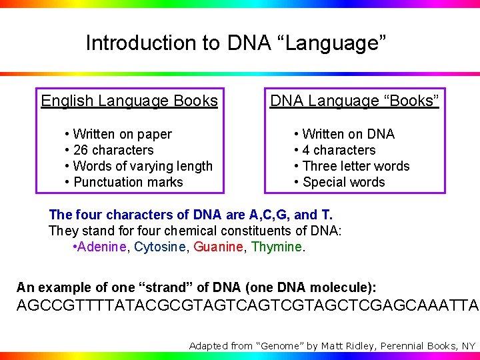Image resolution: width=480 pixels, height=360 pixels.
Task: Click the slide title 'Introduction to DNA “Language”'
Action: pos(236,43)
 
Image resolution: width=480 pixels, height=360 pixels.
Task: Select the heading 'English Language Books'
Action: pos(129,101)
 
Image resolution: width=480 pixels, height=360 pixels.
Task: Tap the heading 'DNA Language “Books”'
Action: pos(354,101)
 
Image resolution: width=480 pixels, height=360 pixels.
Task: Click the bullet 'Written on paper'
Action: pos(122,134)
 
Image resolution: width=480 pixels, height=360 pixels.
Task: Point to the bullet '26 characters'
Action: pos(113,150)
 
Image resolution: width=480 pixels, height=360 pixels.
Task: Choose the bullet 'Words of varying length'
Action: pos(143,166)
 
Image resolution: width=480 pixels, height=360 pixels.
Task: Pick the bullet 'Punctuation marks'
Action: pos(127,182)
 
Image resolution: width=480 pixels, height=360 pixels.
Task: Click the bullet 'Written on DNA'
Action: pos(348,134)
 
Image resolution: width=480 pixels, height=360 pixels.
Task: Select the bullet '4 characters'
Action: pos(339,150)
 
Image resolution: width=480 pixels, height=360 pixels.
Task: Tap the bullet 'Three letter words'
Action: pos(355,166)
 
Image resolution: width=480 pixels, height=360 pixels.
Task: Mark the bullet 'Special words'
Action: pos(343,182)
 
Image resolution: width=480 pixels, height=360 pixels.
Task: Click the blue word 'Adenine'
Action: pos(103,247)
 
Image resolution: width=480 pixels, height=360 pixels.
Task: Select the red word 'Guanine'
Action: pos(218,247)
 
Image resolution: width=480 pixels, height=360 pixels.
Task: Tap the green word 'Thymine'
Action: pos(277,247)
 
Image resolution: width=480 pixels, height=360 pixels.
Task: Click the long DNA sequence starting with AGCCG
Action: pos(247,306)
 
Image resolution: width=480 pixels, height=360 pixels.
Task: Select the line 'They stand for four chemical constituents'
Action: pos(195,231)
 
